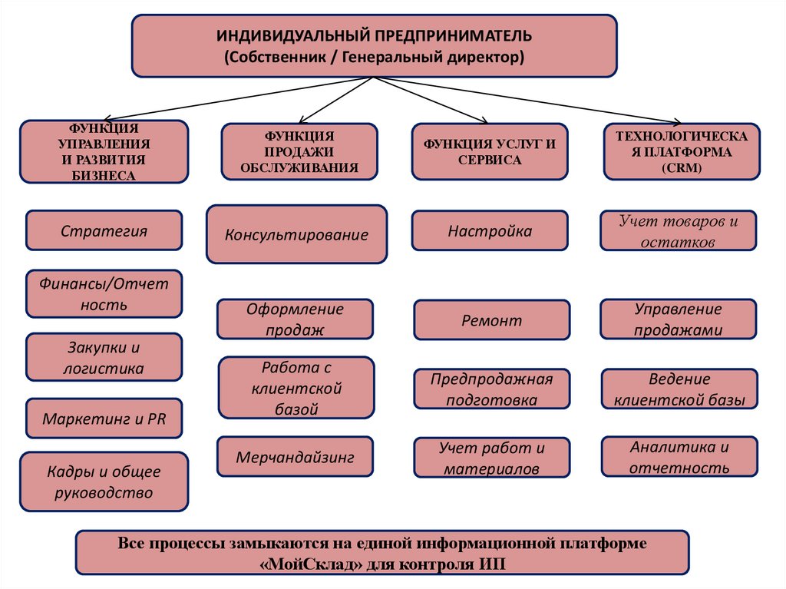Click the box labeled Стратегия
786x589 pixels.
pos(104,230)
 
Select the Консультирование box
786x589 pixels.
pos(296,234)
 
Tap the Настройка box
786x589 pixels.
pos(490,230)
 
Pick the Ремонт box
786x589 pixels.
pos(491,320)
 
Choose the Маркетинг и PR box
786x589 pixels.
pos(104,420)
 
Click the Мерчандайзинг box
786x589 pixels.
pos(295,457)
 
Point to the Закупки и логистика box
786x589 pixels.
pos(104,357)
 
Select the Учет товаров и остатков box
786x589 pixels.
pos(678,230)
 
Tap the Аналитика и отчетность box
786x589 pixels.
pos(679,457)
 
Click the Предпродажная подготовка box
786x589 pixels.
pos(491,389)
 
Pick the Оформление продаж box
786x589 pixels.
pos(295,319)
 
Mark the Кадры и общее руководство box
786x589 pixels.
pos(104,481)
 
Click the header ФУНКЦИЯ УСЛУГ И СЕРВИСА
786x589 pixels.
pos(490,151)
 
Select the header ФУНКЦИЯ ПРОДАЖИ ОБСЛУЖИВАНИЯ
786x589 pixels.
pos(299,151)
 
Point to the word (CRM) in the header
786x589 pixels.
pos(681,167)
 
